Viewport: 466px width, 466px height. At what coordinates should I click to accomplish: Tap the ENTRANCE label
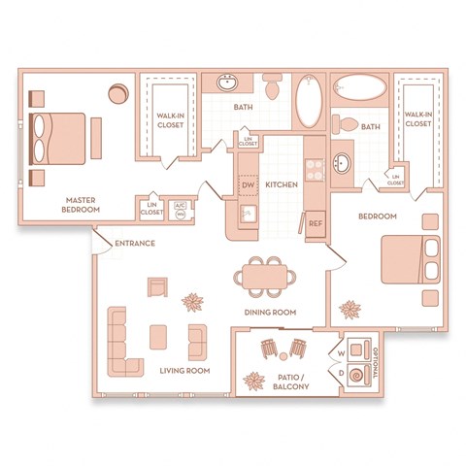tap(134, 243)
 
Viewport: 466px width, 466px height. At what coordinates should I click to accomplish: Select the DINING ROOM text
tap(269, 312)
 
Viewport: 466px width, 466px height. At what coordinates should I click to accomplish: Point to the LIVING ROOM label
tap(183, 371)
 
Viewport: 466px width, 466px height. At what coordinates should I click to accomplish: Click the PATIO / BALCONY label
tap(290, 381)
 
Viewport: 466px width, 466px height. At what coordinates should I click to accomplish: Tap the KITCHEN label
tap(282, 183)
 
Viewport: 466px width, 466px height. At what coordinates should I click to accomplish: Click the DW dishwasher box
tap(248, 183)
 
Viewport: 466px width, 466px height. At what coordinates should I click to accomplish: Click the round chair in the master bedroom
tap(118, 93)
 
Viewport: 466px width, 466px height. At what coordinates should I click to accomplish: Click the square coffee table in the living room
tap(158, 337)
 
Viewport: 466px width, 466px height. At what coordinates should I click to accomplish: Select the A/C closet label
tap(180, 207)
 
